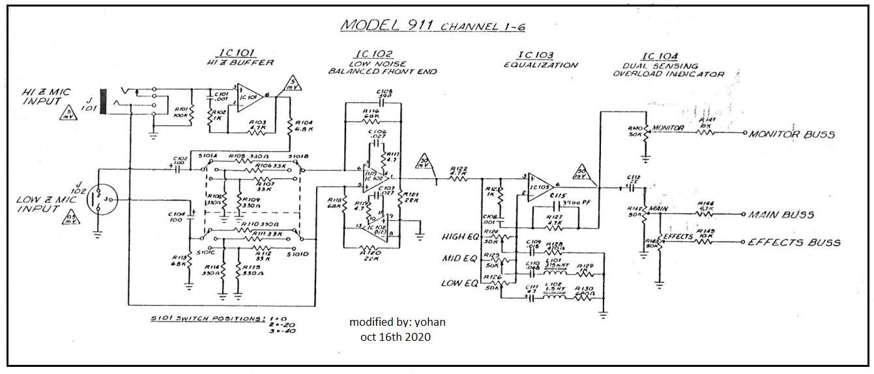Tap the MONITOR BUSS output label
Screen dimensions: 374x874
point(791,134)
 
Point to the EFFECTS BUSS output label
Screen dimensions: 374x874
point(793,242)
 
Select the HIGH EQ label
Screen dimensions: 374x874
point(459,236)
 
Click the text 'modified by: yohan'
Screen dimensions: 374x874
point(398,322)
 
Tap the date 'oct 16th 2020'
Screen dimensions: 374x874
point(395,336)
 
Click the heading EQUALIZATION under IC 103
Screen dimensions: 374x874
point(540,65)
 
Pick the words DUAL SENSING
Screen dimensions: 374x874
point(651,66)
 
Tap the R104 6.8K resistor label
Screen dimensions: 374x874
point(304,126)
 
